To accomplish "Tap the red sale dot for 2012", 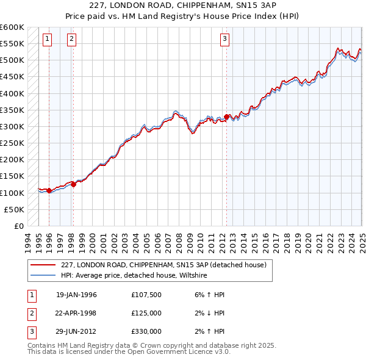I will (x=227, y=117).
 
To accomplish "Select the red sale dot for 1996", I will (x=49, y=190).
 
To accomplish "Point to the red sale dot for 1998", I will (x=73, y=184).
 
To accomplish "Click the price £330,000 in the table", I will (x=146, y=332).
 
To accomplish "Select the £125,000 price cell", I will (x=146, y=314).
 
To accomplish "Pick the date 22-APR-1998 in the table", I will (x=76, y=314).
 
